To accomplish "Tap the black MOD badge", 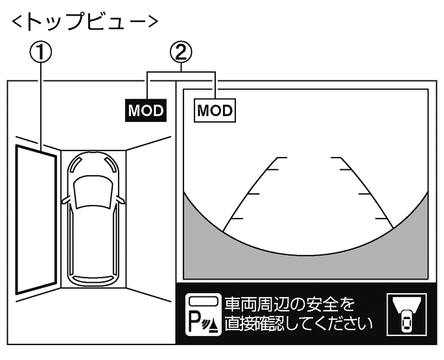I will click(x=146, y=110).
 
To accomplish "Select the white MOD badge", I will click(x=215, y=110).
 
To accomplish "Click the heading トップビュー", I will click(x=84, y=21).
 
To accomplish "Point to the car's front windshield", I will click(x=93, y=191).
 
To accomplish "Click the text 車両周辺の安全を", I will click(x=290, y=304).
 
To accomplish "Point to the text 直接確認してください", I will click(x=299, y=322).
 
